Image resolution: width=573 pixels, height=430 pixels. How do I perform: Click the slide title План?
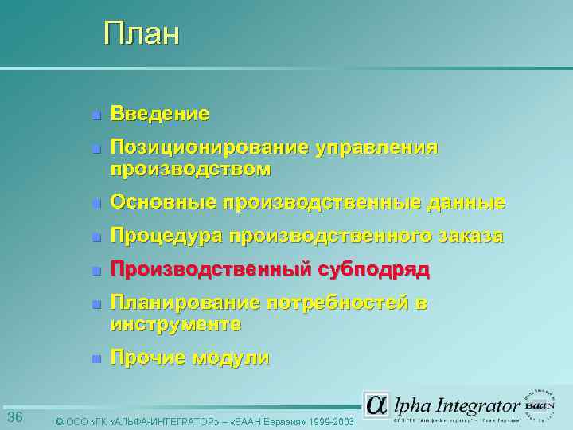142,34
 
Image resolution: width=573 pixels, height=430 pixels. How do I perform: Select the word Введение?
160,114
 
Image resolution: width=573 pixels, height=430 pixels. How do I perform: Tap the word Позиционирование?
209,147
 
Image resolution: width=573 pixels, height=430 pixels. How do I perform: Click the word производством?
190,169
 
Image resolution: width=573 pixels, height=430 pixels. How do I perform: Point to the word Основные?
162,203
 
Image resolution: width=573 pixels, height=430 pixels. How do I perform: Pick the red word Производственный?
210,270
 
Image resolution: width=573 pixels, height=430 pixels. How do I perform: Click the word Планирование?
185,303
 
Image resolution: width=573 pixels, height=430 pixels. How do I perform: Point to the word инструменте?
175,325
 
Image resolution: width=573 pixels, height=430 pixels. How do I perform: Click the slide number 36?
14,418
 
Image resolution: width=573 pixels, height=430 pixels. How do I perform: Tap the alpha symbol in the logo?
376,404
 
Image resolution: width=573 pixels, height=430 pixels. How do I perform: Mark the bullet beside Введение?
95,115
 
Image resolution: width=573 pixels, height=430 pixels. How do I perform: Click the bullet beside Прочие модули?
95,359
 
